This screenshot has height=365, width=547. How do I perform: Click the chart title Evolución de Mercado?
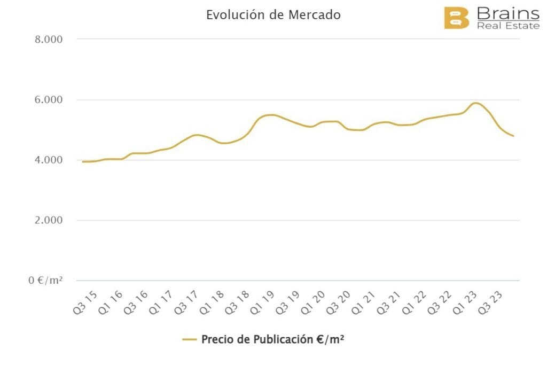[273, 15]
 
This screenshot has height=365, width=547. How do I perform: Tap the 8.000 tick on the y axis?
[48, 40]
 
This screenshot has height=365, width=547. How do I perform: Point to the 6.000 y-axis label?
[48, 100]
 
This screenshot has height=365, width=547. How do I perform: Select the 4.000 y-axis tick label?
[48, 160]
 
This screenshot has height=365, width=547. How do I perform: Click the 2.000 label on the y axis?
[48, 220]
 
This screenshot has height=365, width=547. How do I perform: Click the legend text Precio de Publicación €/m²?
[272, 339]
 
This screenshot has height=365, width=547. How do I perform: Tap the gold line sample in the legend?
[190, 339]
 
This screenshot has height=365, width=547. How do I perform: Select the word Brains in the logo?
[507, 13]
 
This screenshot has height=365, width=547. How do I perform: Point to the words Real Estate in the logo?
[507, 26]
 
